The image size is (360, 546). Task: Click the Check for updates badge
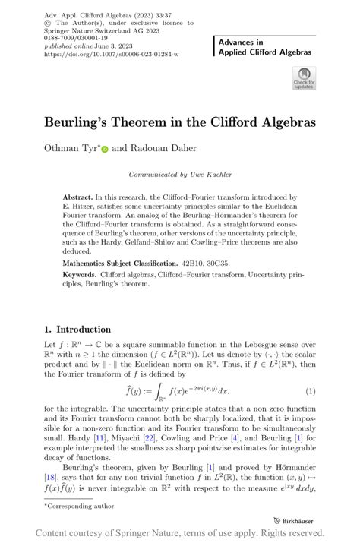304,78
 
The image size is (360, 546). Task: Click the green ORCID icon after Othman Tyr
105,150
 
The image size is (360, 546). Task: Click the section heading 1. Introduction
77,330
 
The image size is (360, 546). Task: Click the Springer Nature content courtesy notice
180,533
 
